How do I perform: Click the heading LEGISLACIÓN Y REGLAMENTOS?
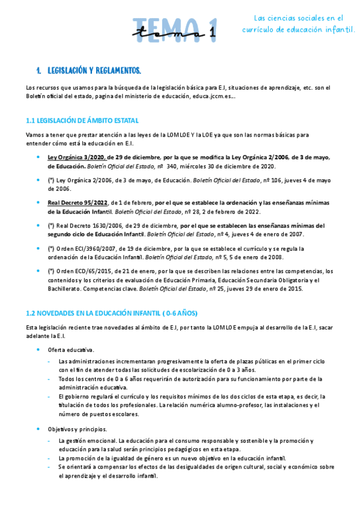coord(94,71)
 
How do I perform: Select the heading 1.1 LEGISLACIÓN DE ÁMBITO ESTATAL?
coord(82,120)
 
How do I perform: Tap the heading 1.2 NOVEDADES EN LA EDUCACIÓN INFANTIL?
coord(112,313)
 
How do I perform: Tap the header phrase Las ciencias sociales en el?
coord(298,18)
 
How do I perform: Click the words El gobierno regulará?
coord(85,396)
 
